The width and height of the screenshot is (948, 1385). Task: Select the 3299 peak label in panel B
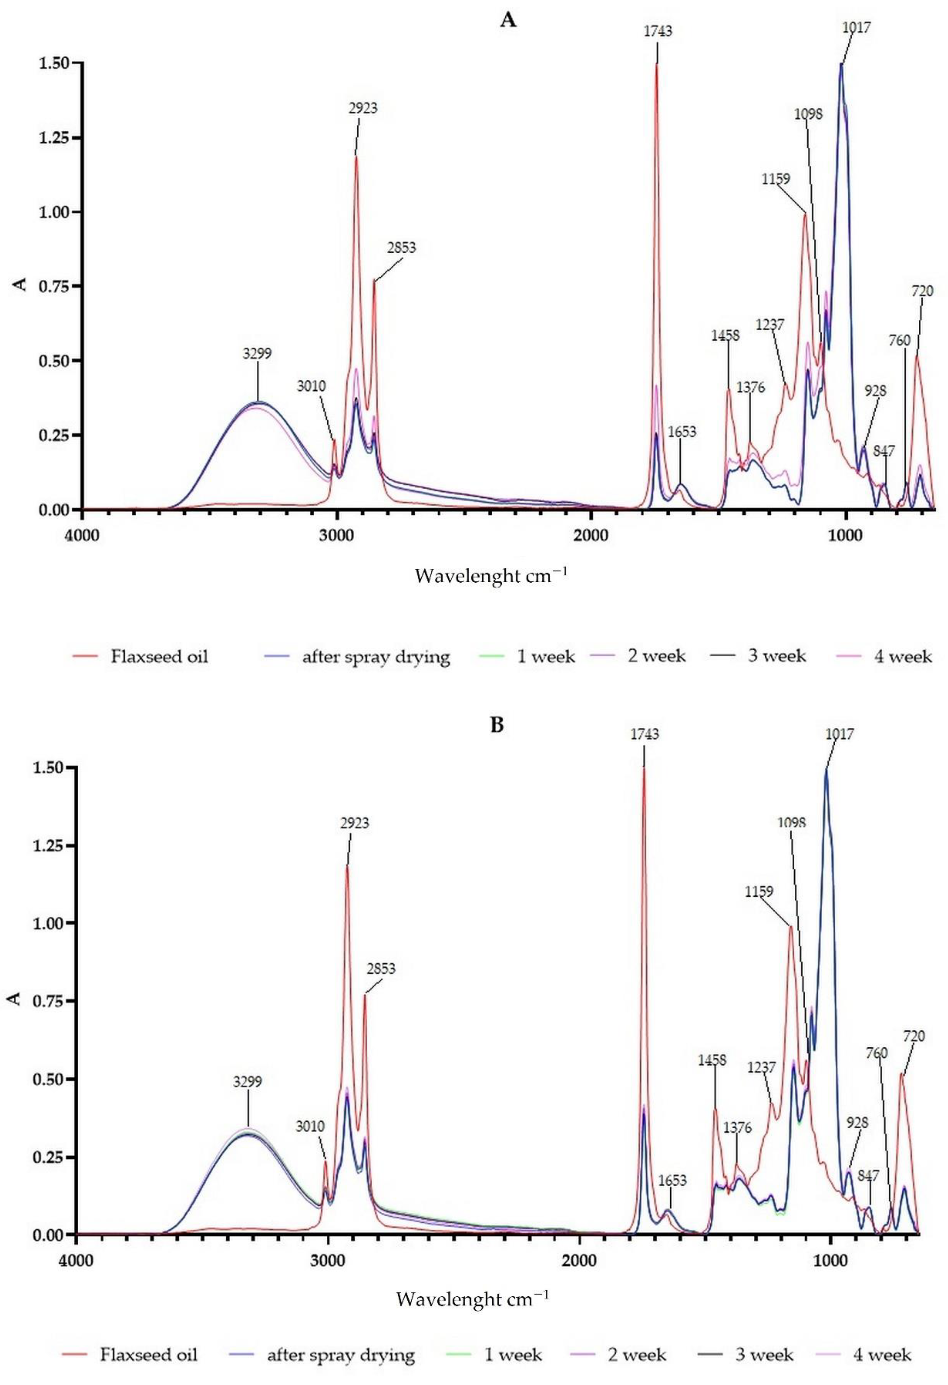pos(247,1082)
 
